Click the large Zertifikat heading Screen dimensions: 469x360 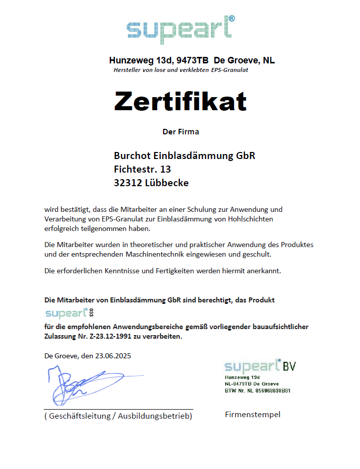(180, 101)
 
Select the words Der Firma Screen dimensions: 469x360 (181, 132)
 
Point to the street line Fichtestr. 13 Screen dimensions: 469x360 (142, 169)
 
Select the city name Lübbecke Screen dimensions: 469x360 (167, 183)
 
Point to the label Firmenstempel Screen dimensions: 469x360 (252, 415)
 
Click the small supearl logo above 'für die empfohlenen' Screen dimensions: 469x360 (66, 314)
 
